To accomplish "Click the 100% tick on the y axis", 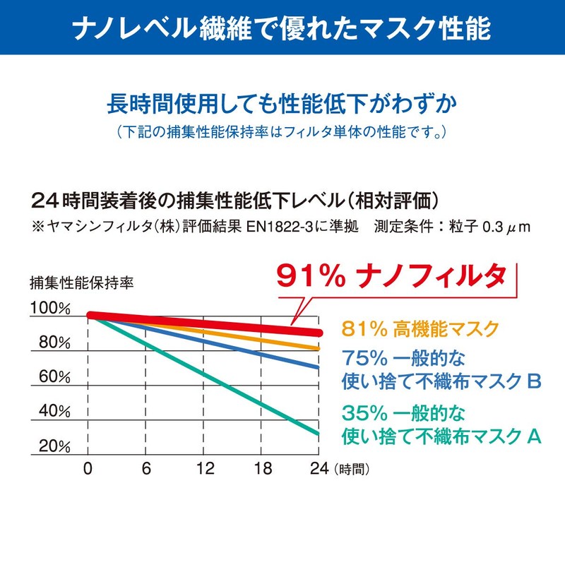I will point(49,309).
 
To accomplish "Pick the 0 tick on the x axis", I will point(88,468).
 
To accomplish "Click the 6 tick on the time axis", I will point(145,468).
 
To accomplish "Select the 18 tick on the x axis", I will point(262,468).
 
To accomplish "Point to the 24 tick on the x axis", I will point(319,468).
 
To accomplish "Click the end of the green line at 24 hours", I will point(319,433).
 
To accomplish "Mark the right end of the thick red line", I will point(319,333).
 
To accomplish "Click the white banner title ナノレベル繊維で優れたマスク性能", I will point(282,27).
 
